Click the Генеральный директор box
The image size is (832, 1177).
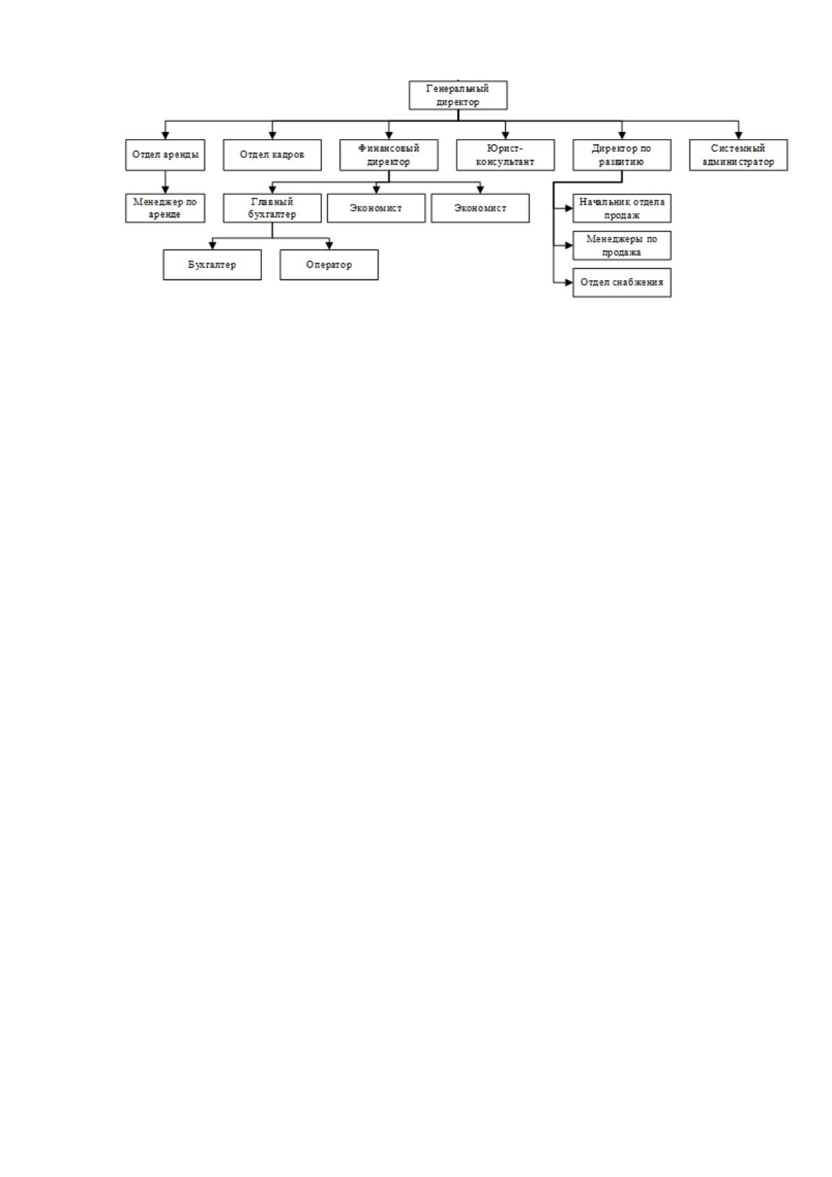point(458,95)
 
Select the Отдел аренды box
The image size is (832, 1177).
point(165,155)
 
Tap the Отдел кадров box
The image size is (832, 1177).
point(272,155)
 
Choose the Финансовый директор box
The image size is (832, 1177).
point(389,155)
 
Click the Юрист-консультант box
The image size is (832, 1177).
point(505,155)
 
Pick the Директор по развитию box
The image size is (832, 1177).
point(622,155)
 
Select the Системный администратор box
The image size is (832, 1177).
point(738,155)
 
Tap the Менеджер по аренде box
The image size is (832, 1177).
point(165,208)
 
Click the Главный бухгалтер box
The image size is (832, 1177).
point(272,208)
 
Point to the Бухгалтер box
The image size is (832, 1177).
point(212,265)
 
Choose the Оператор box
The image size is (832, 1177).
point(329,265)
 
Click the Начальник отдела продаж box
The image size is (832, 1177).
point(622,208)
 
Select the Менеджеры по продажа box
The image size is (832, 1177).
point(622,245)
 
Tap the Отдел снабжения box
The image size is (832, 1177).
point(622,283)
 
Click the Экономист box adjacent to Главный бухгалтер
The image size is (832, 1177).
point(377,208)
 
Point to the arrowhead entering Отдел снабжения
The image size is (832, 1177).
point(569,283)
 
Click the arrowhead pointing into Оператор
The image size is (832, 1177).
point(329,246)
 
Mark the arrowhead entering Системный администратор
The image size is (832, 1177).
point(738,136)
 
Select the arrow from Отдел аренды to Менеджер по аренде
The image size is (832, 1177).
point(165,182)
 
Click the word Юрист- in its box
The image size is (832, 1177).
point(505,148)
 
